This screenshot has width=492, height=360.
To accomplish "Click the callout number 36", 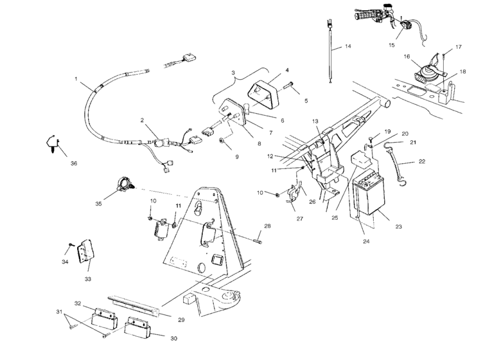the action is (x=74, y=163).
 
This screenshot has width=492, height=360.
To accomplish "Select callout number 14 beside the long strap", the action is (x=347, y=46).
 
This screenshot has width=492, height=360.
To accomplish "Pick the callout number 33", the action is (x=88, y=279).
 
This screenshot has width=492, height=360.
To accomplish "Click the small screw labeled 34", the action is (x=71, y=244).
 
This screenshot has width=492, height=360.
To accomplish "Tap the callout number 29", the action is (x=181, y=319).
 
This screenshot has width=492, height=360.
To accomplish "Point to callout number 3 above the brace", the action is (x=233, y=73).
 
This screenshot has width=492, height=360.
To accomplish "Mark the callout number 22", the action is (x=422, y=161).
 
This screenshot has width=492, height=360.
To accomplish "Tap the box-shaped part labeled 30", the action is (x=137, y=328).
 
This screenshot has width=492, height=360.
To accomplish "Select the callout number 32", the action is (x=78, y=303).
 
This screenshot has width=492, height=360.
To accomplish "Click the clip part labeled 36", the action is (x=52, y=144).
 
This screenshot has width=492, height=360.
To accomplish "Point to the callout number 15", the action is (x=391, y=45).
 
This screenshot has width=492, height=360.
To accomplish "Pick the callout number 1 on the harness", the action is (x=76, y=79).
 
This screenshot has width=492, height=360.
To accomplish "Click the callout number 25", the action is (x=335, y=218).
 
